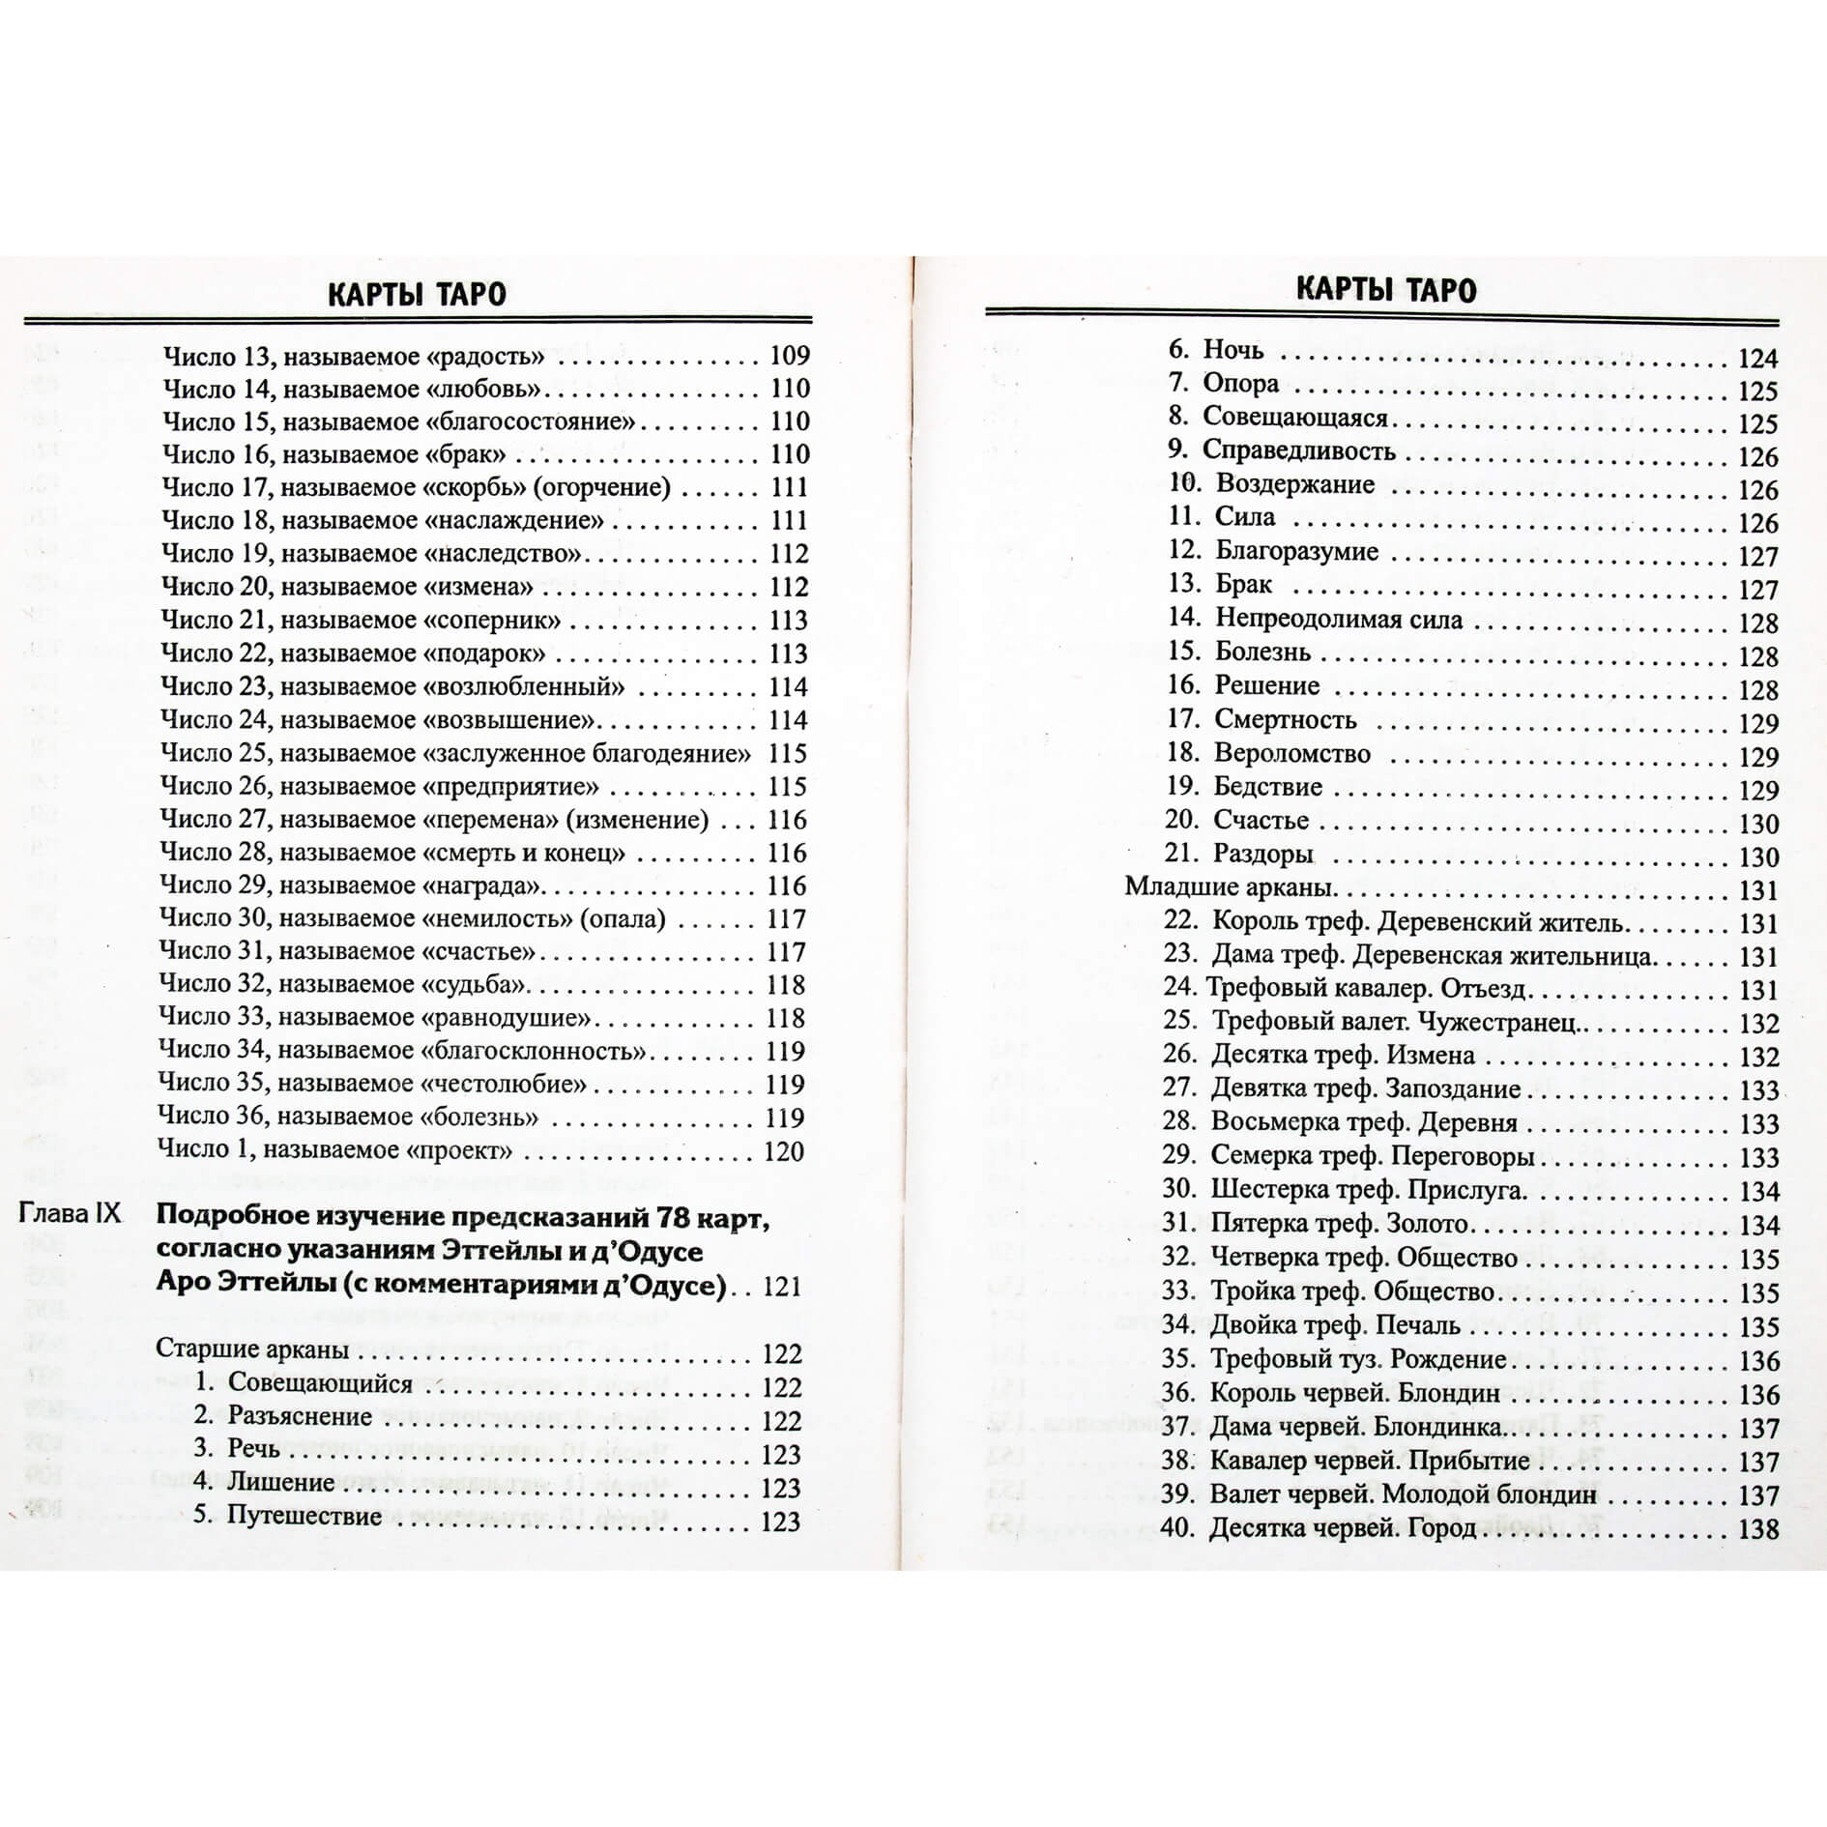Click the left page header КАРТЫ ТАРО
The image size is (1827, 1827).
click(417, 294)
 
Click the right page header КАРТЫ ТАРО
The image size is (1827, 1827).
click(1385, 290)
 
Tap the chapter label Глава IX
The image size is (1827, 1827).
click(71, 1214)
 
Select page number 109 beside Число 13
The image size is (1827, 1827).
click(789, 356)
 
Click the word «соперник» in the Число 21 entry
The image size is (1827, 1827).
click(492, 621)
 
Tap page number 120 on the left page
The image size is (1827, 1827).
click(784, 1151)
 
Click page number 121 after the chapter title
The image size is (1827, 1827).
click(782, 1287)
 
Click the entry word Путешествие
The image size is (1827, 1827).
click(304, 1515)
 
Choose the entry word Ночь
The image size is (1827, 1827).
click(1232, 350)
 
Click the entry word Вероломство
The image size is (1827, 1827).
click(1292, 753)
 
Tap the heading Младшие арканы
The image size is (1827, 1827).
click(1231, 887)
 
